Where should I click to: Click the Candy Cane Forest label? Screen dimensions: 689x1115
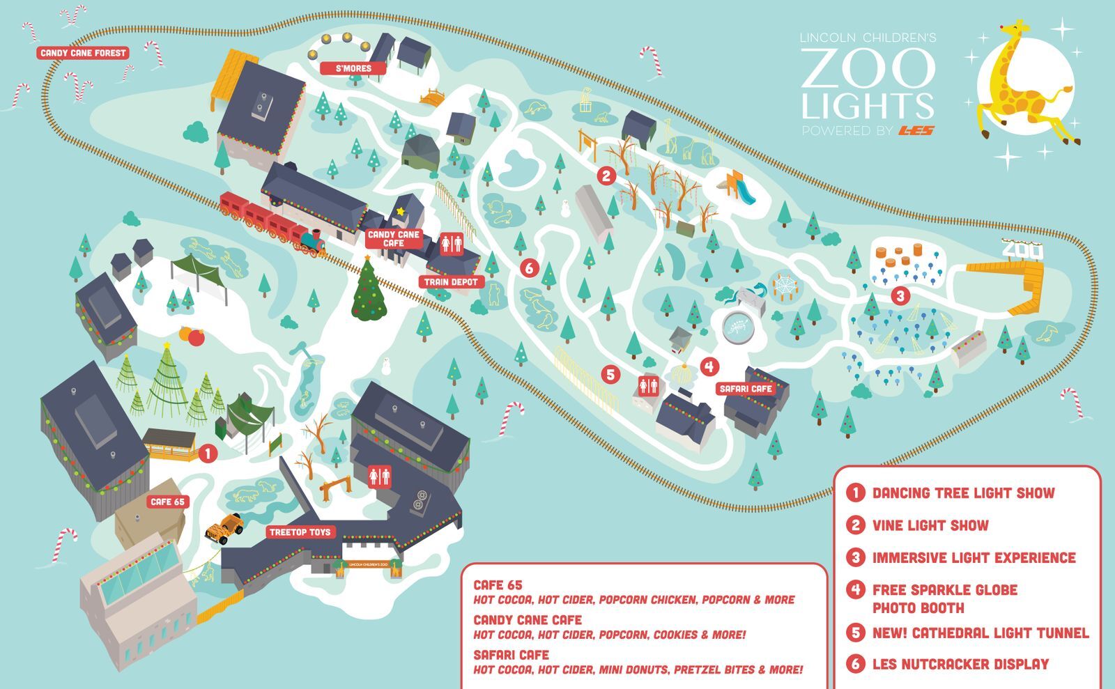83,53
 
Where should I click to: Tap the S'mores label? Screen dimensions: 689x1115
354,68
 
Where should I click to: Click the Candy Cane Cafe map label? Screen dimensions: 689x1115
393,238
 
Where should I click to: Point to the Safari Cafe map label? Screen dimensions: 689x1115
746,389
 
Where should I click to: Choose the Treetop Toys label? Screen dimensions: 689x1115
300,532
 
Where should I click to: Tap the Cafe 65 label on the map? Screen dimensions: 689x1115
168,502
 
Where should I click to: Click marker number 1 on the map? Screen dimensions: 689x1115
207,454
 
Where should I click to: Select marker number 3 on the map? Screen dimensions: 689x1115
900,296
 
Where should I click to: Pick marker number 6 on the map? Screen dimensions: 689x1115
529,267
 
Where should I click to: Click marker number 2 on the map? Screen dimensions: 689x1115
606,176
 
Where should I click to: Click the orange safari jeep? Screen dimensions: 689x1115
224,527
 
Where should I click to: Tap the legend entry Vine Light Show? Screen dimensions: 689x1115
930,525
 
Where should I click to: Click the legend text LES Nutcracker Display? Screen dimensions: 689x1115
960,664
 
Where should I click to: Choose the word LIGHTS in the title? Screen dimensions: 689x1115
867,106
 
